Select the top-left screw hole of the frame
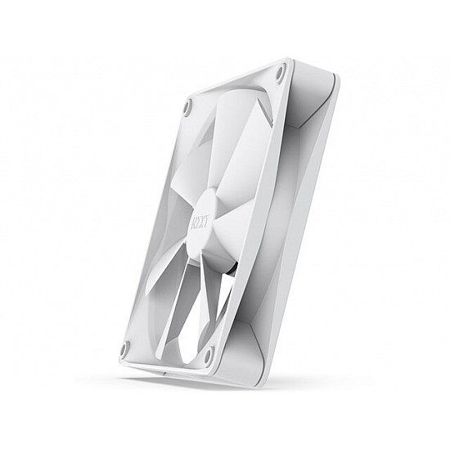(187, 105)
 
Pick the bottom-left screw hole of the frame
(124, 349)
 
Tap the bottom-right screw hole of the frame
(208, 354)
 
